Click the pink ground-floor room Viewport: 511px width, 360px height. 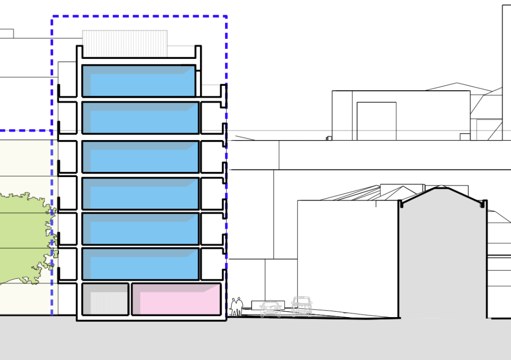(x=176, y=299)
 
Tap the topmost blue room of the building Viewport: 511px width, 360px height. (x=138, y=81)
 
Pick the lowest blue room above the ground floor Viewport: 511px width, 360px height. (x=140, y=264)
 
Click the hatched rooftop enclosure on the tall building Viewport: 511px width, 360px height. (x=124, y=43)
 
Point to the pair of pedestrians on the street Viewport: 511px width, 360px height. (x=237, y=307)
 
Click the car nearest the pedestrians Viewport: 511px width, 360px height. (x=270, y=309)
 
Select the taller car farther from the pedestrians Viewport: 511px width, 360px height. (x=301, y=306)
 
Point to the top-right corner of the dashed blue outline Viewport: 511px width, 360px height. (x=227, y=16)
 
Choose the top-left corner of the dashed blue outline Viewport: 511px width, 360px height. (x=52, y=16)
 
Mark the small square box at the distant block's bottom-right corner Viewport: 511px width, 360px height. (x=465, y=137)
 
